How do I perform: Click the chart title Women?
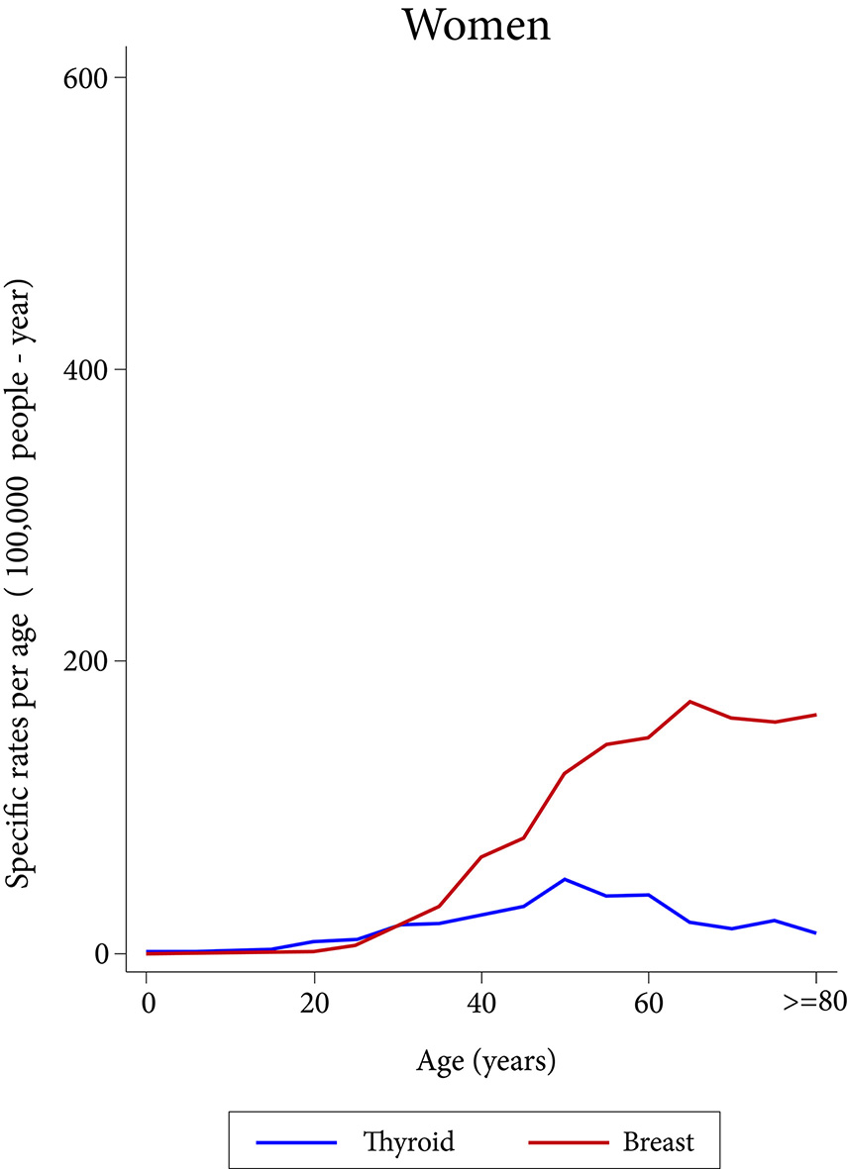(476, 25)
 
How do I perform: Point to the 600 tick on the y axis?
(87, 77)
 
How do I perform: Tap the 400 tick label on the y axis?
(87, 369)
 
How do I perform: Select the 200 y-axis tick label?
(87, 661)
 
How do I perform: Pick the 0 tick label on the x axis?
(147, 1005)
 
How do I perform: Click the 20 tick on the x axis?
(314, 1005)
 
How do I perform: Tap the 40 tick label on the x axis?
(481, 1005)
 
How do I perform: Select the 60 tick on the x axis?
(649, 1005)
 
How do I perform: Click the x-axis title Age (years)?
(484, 1063)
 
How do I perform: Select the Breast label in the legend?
(659, 1141)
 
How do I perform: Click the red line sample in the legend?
(567, 1142)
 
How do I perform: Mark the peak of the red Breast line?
(689, 701)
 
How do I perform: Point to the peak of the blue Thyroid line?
(565, 879)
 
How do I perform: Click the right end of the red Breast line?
(815, 715)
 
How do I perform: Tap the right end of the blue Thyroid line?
(815, 932)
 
